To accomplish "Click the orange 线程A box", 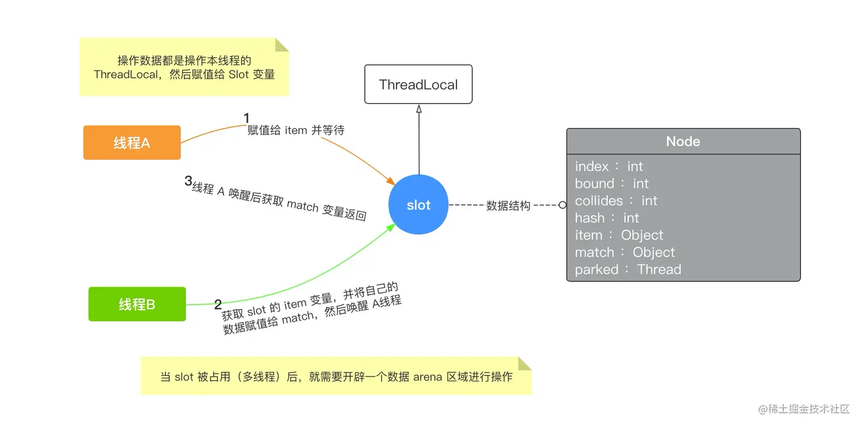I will coord(132,143).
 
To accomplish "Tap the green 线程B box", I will coord(137,304).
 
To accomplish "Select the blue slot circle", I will coord(418,205).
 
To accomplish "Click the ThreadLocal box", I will coord(418,84).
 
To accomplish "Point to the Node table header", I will coord(683,141).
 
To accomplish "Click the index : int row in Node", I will coord(609,166).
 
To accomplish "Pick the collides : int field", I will coord(616,201).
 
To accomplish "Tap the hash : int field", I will coord(607,218).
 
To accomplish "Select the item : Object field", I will coord(619,235).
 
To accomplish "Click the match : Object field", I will coord(625,252).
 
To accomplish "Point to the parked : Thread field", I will coord(628,269).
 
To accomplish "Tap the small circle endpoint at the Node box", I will coord(563,205).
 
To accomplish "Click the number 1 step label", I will coord(247,118).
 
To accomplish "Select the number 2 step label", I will coord(218,304).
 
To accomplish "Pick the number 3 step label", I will coord(188,181).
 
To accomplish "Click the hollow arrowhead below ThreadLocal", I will coord(418,109).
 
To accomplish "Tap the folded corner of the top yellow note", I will coord(282,44).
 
